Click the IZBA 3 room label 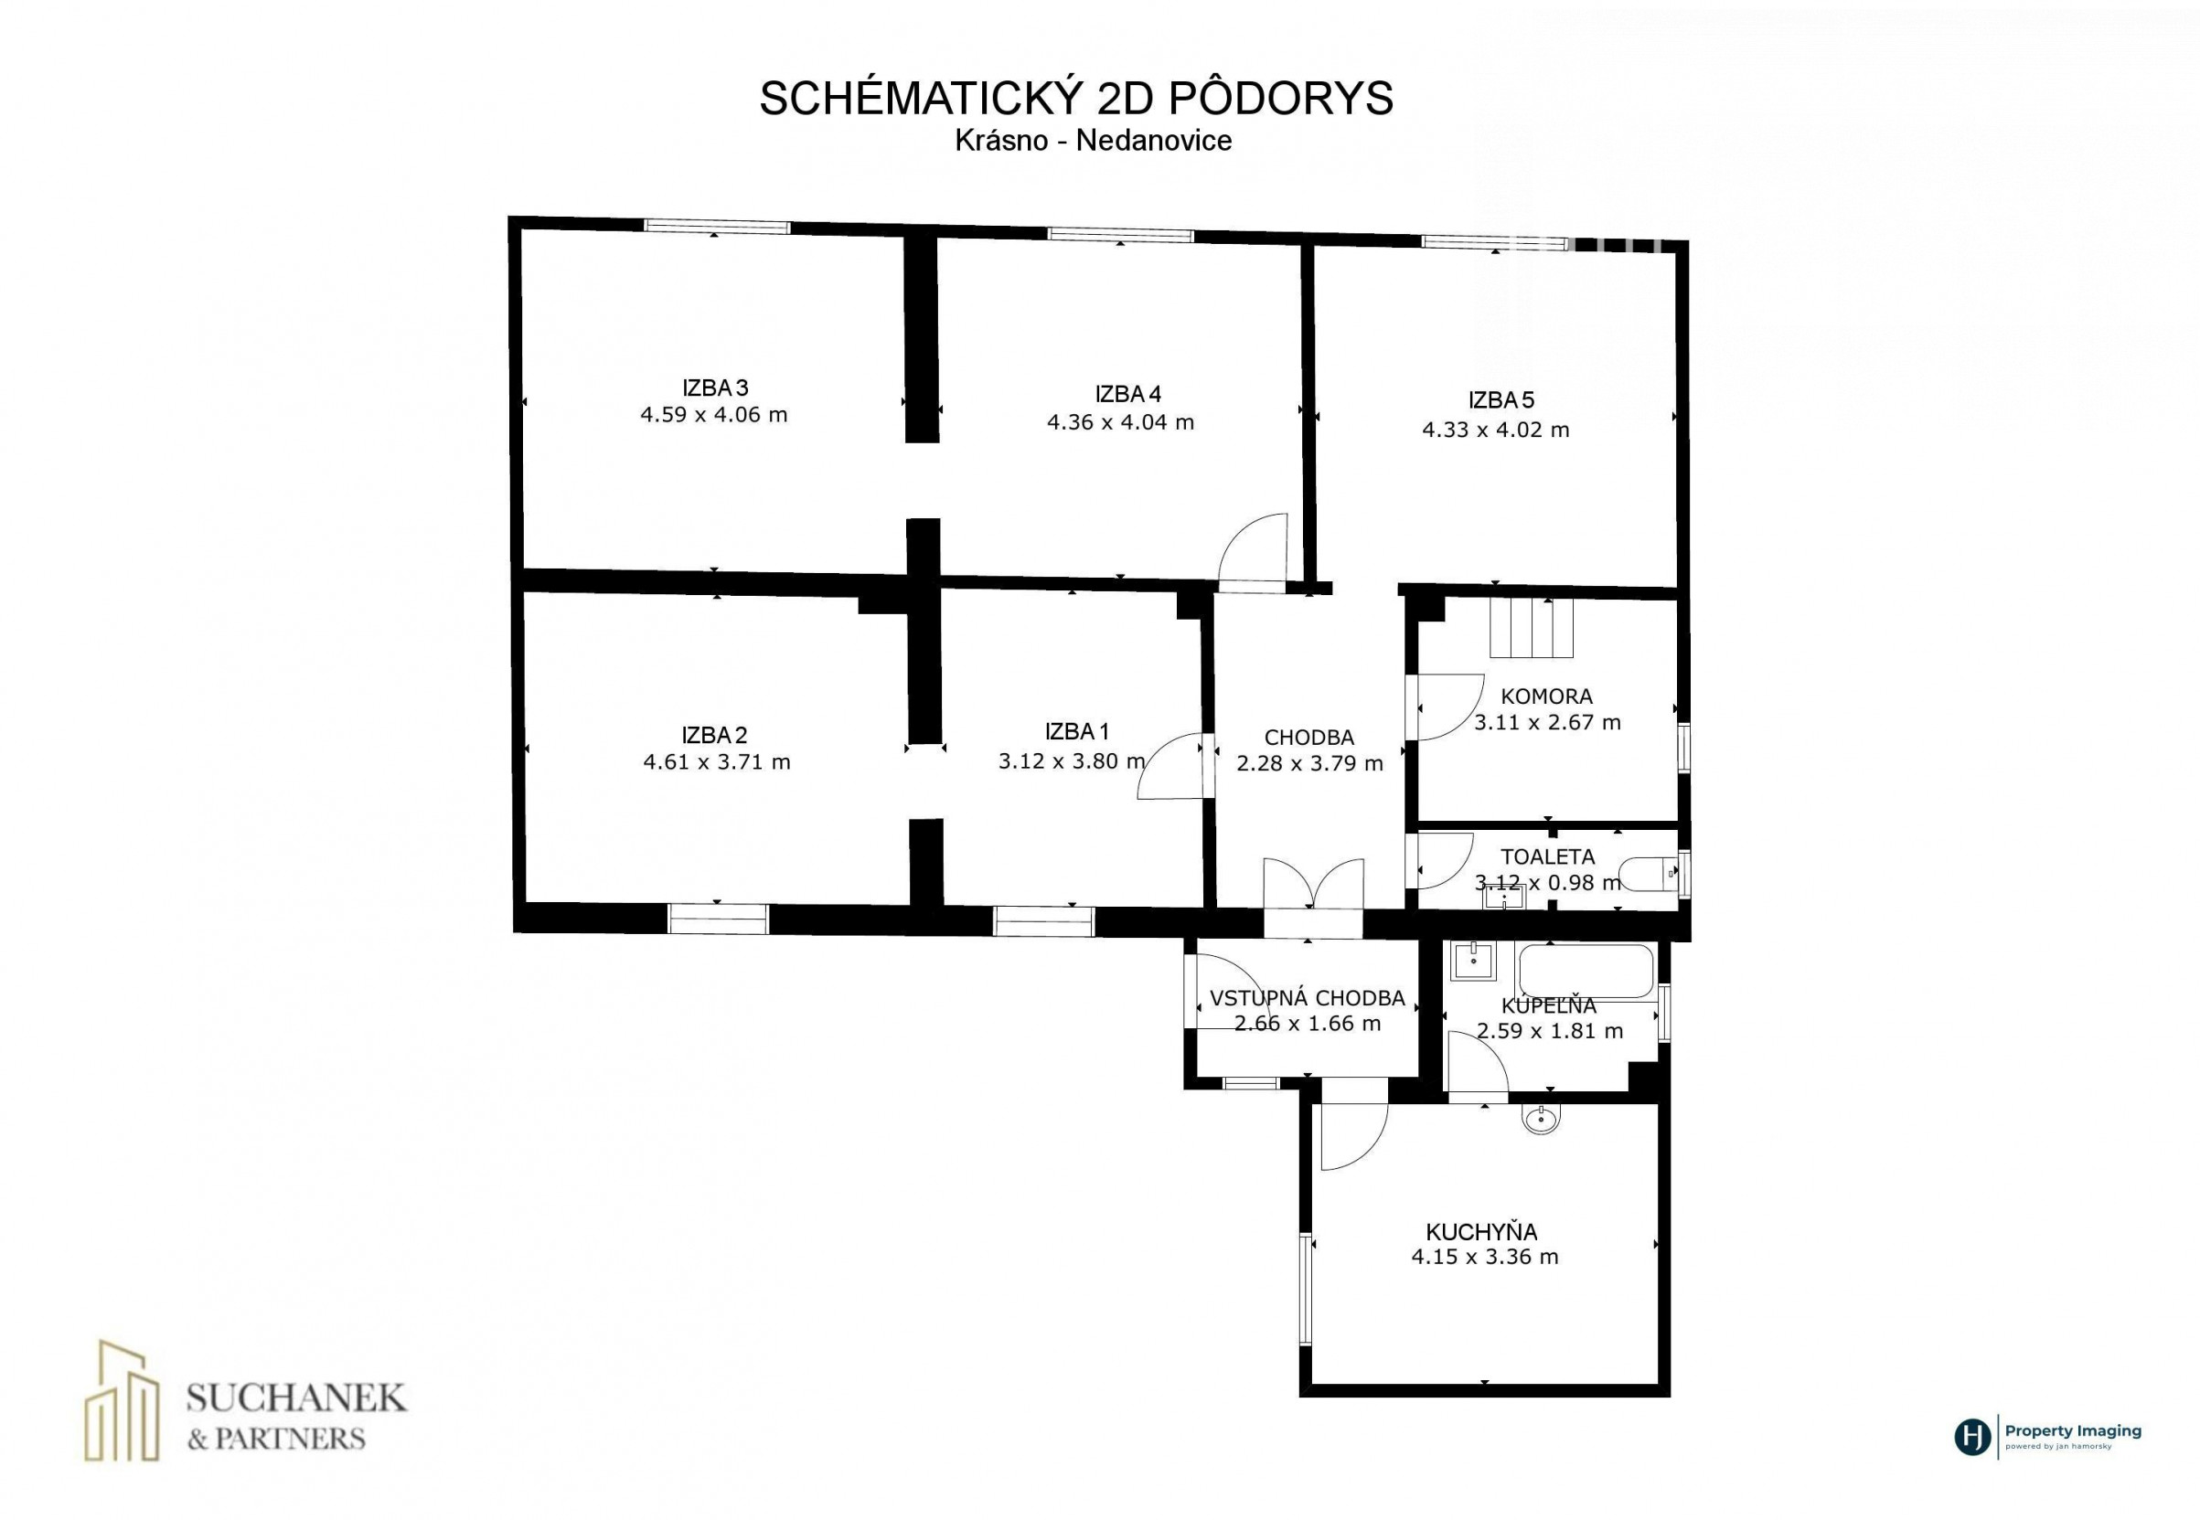(715, 388)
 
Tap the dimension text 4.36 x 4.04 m (1119, 422)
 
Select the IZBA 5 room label (1500, 400)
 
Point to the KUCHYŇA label (1481, 1231)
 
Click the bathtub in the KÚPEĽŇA (1586, 972)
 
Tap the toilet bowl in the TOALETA (1648, 873)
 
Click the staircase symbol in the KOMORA (1532, 628)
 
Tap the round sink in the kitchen (1542, 1119)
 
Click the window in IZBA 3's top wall (718, 226)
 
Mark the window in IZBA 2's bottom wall (718, 918)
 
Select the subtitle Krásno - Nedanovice (1093, 141)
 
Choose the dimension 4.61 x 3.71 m (717, 762)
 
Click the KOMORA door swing (1447, 707)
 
